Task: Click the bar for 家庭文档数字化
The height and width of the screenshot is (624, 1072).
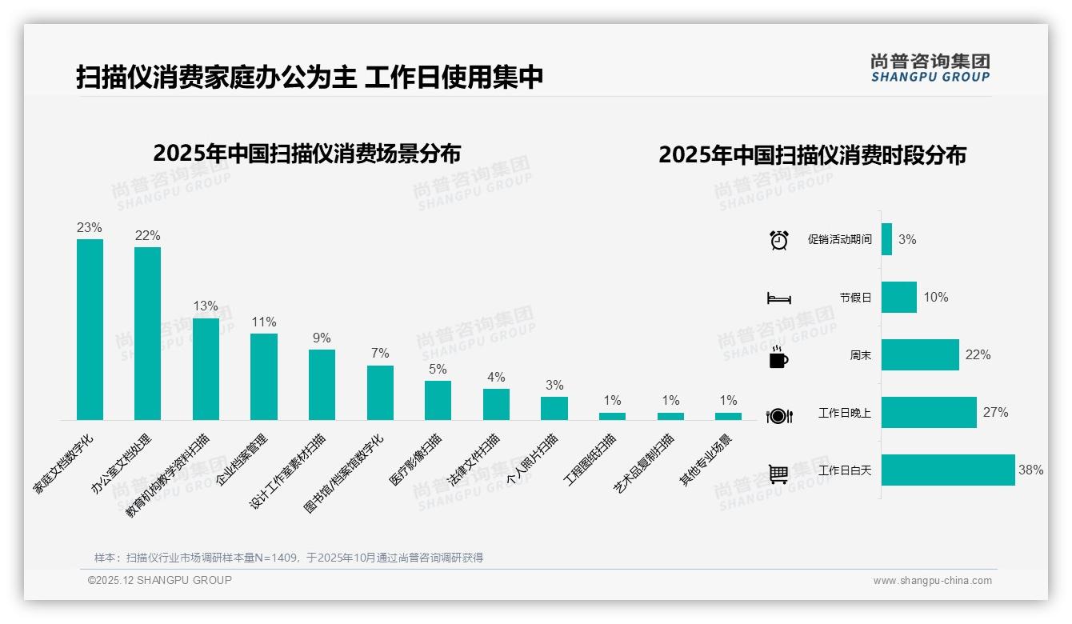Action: point(90,329)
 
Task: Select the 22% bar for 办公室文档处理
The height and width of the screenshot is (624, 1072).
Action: point(147,333)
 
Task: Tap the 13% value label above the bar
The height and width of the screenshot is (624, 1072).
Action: point(206,306)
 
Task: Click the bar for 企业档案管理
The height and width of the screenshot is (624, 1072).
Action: point(264,376)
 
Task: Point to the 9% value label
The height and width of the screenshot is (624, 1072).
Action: point(322,338)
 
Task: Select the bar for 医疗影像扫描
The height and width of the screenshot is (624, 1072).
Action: point(438,400)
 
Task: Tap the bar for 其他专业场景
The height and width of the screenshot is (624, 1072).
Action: point(728,416)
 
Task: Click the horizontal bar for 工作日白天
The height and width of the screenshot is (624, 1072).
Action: point(948,470)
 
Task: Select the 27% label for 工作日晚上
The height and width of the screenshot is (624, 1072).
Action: point(995,413)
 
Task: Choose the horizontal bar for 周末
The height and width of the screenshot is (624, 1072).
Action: point(920,355)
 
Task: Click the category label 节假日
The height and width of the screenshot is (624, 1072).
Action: point(855,298)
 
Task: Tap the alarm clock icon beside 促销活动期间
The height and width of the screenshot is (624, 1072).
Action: point(778,240)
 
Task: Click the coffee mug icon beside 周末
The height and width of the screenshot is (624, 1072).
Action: point(778,358)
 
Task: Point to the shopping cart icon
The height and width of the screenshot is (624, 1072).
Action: point(778,474)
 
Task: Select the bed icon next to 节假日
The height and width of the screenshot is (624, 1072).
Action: point(778,298)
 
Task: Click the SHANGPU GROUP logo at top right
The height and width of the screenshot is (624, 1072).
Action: point(930,67)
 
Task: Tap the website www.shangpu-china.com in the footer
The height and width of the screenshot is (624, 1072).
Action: point(932,581)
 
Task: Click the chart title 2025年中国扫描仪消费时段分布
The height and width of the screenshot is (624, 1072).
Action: point(812,154)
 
